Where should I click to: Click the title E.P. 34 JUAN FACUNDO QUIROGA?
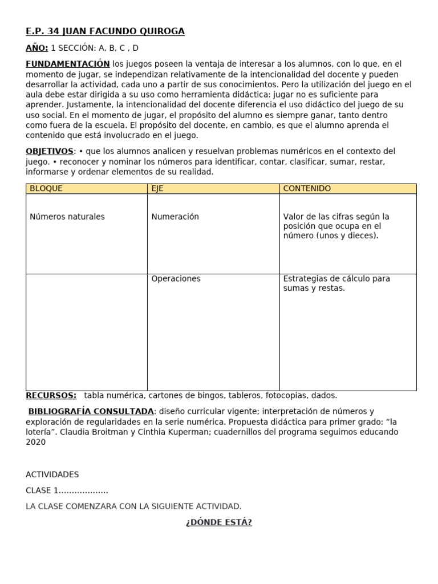(x=105, y=31)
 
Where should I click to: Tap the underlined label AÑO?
(x=36, y=48)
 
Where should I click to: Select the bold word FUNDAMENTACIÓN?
(x=67, y=64)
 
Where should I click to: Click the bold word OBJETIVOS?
(x=50, y=151)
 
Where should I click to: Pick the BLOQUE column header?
(x=46, y=189)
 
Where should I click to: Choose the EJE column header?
(x=157, y=189)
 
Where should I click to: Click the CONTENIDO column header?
(x=307, y=189)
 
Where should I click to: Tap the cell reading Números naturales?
(x=67, y=217)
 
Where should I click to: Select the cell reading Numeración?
(x=175, y=217)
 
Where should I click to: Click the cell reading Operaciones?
(x=176, y=279)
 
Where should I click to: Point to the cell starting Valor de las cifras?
(x=336, y=226)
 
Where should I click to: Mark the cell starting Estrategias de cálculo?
(x=336, y=283)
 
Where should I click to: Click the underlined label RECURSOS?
(x=51, y=395)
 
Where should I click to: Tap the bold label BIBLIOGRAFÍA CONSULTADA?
(x=91, y=411)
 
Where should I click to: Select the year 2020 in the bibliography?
(x=35, y=442)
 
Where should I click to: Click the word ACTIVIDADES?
(x=52, y=474)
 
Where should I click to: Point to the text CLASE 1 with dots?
(x=67, y=490)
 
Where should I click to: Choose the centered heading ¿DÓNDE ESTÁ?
(x=218, y=522)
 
